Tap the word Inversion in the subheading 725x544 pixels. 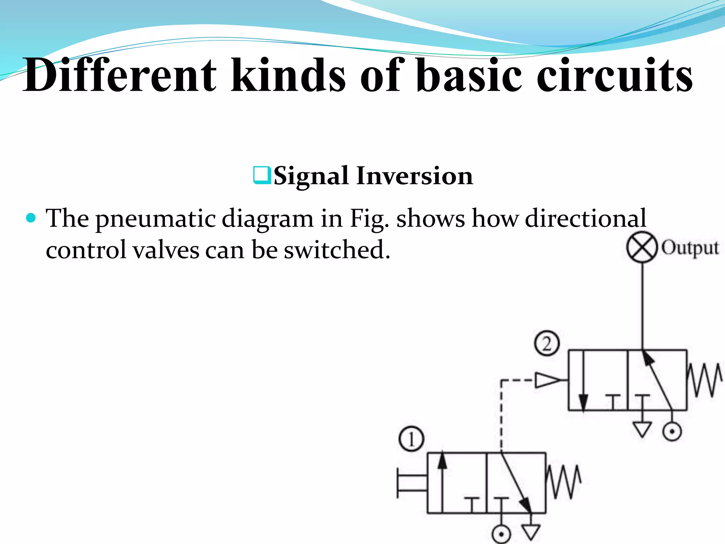[414, 176]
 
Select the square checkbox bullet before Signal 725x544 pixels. [262, 175]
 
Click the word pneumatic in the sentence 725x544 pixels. [156, 219]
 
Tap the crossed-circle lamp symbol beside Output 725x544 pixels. [642, 247]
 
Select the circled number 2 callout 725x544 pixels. [547, 344]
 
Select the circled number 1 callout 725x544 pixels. [411, 439]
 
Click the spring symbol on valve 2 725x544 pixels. [704, 380]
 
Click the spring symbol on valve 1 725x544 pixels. [564, 482]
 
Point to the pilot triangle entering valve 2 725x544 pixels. [547, 380]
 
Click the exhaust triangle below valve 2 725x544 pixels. [642, 429]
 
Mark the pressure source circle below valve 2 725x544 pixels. [672, 432]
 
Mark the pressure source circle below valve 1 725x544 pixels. [501, 534]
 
